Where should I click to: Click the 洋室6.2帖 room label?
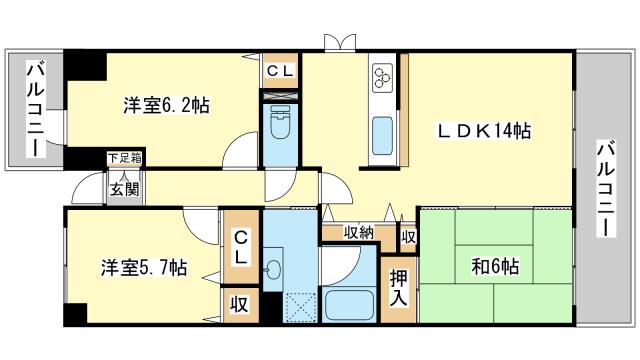point(167,105)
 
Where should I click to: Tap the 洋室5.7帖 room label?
point(144,267)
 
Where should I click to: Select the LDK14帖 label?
point(484,131)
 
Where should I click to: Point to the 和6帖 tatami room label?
point(496,266)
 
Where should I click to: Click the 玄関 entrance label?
point(125,189)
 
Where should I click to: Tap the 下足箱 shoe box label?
point(124,158)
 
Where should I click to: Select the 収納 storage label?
point(358,233)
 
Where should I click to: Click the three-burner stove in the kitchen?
point(383,76)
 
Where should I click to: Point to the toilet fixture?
point(280,123)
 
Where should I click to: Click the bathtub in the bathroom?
point(348,306)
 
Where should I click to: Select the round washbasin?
point(272,269)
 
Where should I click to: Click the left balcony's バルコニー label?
point(35,109)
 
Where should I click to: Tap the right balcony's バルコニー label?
point(607,189)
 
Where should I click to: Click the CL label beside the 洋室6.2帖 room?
point(280,71)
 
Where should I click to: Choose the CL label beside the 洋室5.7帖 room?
point(241,247)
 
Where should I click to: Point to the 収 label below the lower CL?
point(239,304)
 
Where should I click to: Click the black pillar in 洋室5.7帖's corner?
point(76,314)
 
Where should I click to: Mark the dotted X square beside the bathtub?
point(300,308)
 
